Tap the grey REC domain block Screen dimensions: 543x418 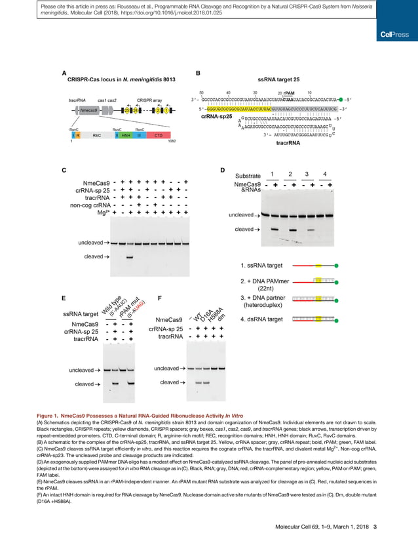click(x=96, y=135)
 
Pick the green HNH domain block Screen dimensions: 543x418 click(x=126, y=135)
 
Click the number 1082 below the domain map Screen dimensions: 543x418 click(x=172, y=142)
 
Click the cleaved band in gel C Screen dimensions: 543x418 click(x=129, y=257)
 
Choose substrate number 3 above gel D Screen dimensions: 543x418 click(x=307, y=174)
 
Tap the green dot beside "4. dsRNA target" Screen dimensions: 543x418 click(x=335, y=319)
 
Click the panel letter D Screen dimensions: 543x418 click(x=223, y=171)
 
